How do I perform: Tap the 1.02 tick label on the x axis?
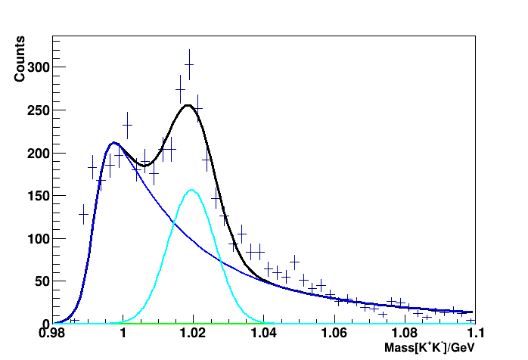point(193,334)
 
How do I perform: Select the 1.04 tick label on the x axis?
point(263,334)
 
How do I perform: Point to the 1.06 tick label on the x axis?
point(334,334)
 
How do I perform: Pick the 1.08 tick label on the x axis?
point(404,334)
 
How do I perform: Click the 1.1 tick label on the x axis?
point(474,334)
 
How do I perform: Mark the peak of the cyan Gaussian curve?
point(192,190)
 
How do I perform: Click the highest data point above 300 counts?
point(189,66)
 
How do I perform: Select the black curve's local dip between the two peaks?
point(145,165)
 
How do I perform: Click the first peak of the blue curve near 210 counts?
point(113,142)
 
